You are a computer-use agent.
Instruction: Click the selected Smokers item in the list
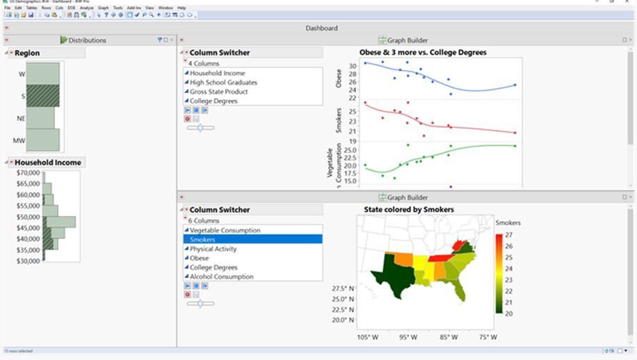coord(202,240)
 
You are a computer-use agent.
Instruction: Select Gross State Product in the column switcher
coord(218,92)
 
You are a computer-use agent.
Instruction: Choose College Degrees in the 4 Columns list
coord(213,101)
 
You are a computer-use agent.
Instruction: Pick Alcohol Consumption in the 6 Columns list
coord(223,277)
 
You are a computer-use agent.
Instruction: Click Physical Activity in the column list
coord(213,249)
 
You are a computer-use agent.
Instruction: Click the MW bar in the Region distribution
coord(42,140)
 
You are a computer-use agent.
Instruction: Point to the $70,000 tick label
coord(29,172)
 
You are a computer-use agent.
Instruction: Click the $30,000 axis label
coord(29,261)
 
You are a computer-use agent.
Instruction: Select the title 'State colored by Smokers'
coord(409,209)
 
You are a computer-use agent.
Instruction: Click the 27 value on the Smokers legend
coord(508,236)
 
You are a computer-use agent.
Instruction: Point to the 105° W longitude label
coord(369,338)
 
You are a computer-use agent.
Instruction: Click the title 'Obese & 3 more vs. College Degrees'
coord(423,52)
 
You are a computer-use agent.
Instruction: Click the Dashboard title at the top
coord(321,28)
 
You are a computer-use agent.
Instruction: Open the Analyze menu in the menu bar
coord(86,8)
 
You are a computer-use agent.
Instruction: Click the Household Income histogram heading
coord(48,163)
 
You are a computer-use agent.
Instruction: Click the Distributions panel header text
coord(87,40)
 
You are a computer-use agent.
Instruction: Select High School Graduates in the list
coord(223,83)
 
